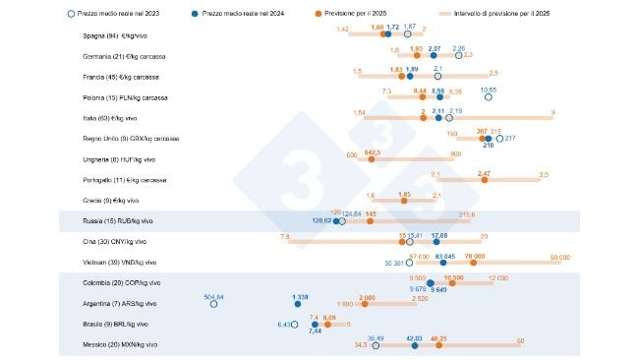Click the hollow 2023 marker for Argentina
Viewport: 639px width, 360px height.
click(213, 304)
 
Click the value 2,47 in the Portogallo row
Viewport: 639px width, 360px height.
click(483, 172)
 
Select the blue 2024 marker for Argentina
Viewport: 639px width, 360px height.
click(301, 304)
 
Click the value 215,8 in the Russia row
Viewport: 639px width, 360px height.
click(467, 214)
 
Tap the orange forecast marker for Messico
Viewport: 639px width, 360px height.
click(439, 345)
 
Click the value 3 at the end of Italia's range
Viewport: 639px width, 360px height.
click(553, 112)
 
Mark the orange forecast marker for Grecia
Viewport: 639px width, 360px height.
click(404, 201)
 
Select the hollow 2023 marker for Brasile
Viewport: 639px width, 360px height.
click(294, 325)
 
